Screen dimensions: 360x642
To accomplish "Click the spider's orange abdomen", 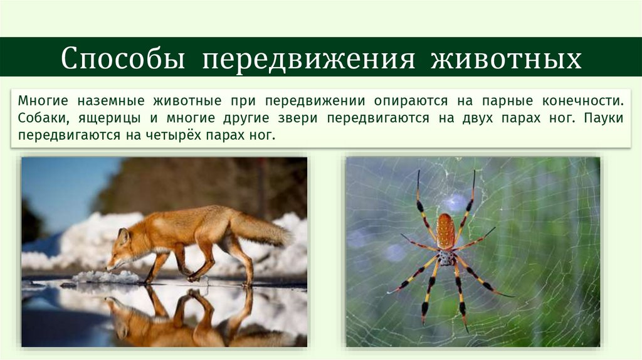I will [x=445, y=231].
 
